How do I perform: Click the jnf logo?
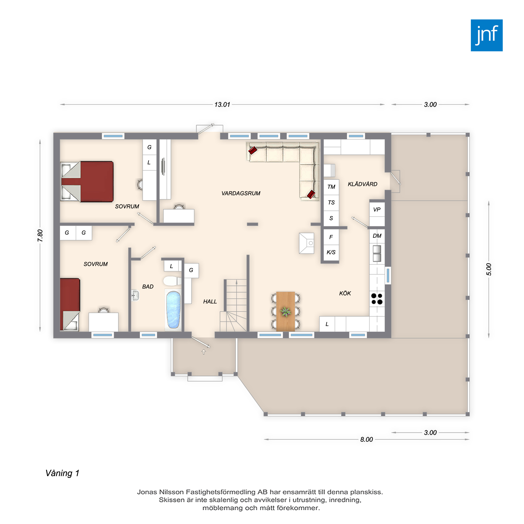coord(487,35)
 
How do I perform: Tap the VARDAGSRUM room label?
coord(241,193)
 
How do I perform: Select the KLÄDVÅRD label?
coord(363,184)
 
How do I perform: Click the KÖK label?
coord(345,293)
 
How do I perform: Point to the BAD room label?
coord(148,286)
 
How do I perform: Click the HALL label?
coord(210,301)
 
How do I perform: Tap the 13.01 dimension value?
coord(222,105)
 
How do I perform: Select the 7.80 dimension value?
coord(40,236)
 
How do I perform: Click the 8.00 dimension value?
coord(367,439)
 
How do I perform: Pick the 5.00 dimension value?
coord(488,269)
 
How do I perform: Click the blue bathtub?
coord(173,310)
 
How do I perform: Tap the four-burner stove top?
coord(377,299)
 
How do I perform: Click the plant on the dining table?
coord(285,312)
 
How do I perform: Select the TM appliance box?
coord(331,187)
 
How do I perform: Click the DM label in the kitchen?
coord(377,236)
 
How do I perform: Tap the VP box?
coord(377,209)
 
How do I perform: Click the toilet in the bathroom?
coord(172,281)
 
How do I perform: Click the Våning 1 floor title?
coord(62,473)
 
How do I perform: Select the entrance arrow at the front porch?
coord(204,352)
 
